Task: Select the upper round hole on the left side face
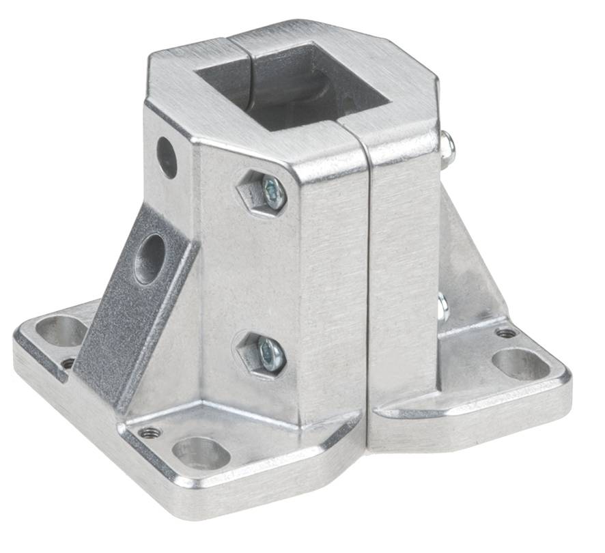click(167, 158)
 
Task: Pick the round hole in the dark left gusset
click(150, 259)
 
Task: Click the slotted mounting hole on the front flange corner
click(201, 453)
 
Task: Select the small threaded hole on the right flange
click(506, 333)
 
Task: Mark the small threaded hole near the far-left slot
click(68, 363)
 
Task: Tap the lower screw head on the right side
click(442, 307)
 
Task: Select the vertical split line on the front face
click(369, 287)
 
